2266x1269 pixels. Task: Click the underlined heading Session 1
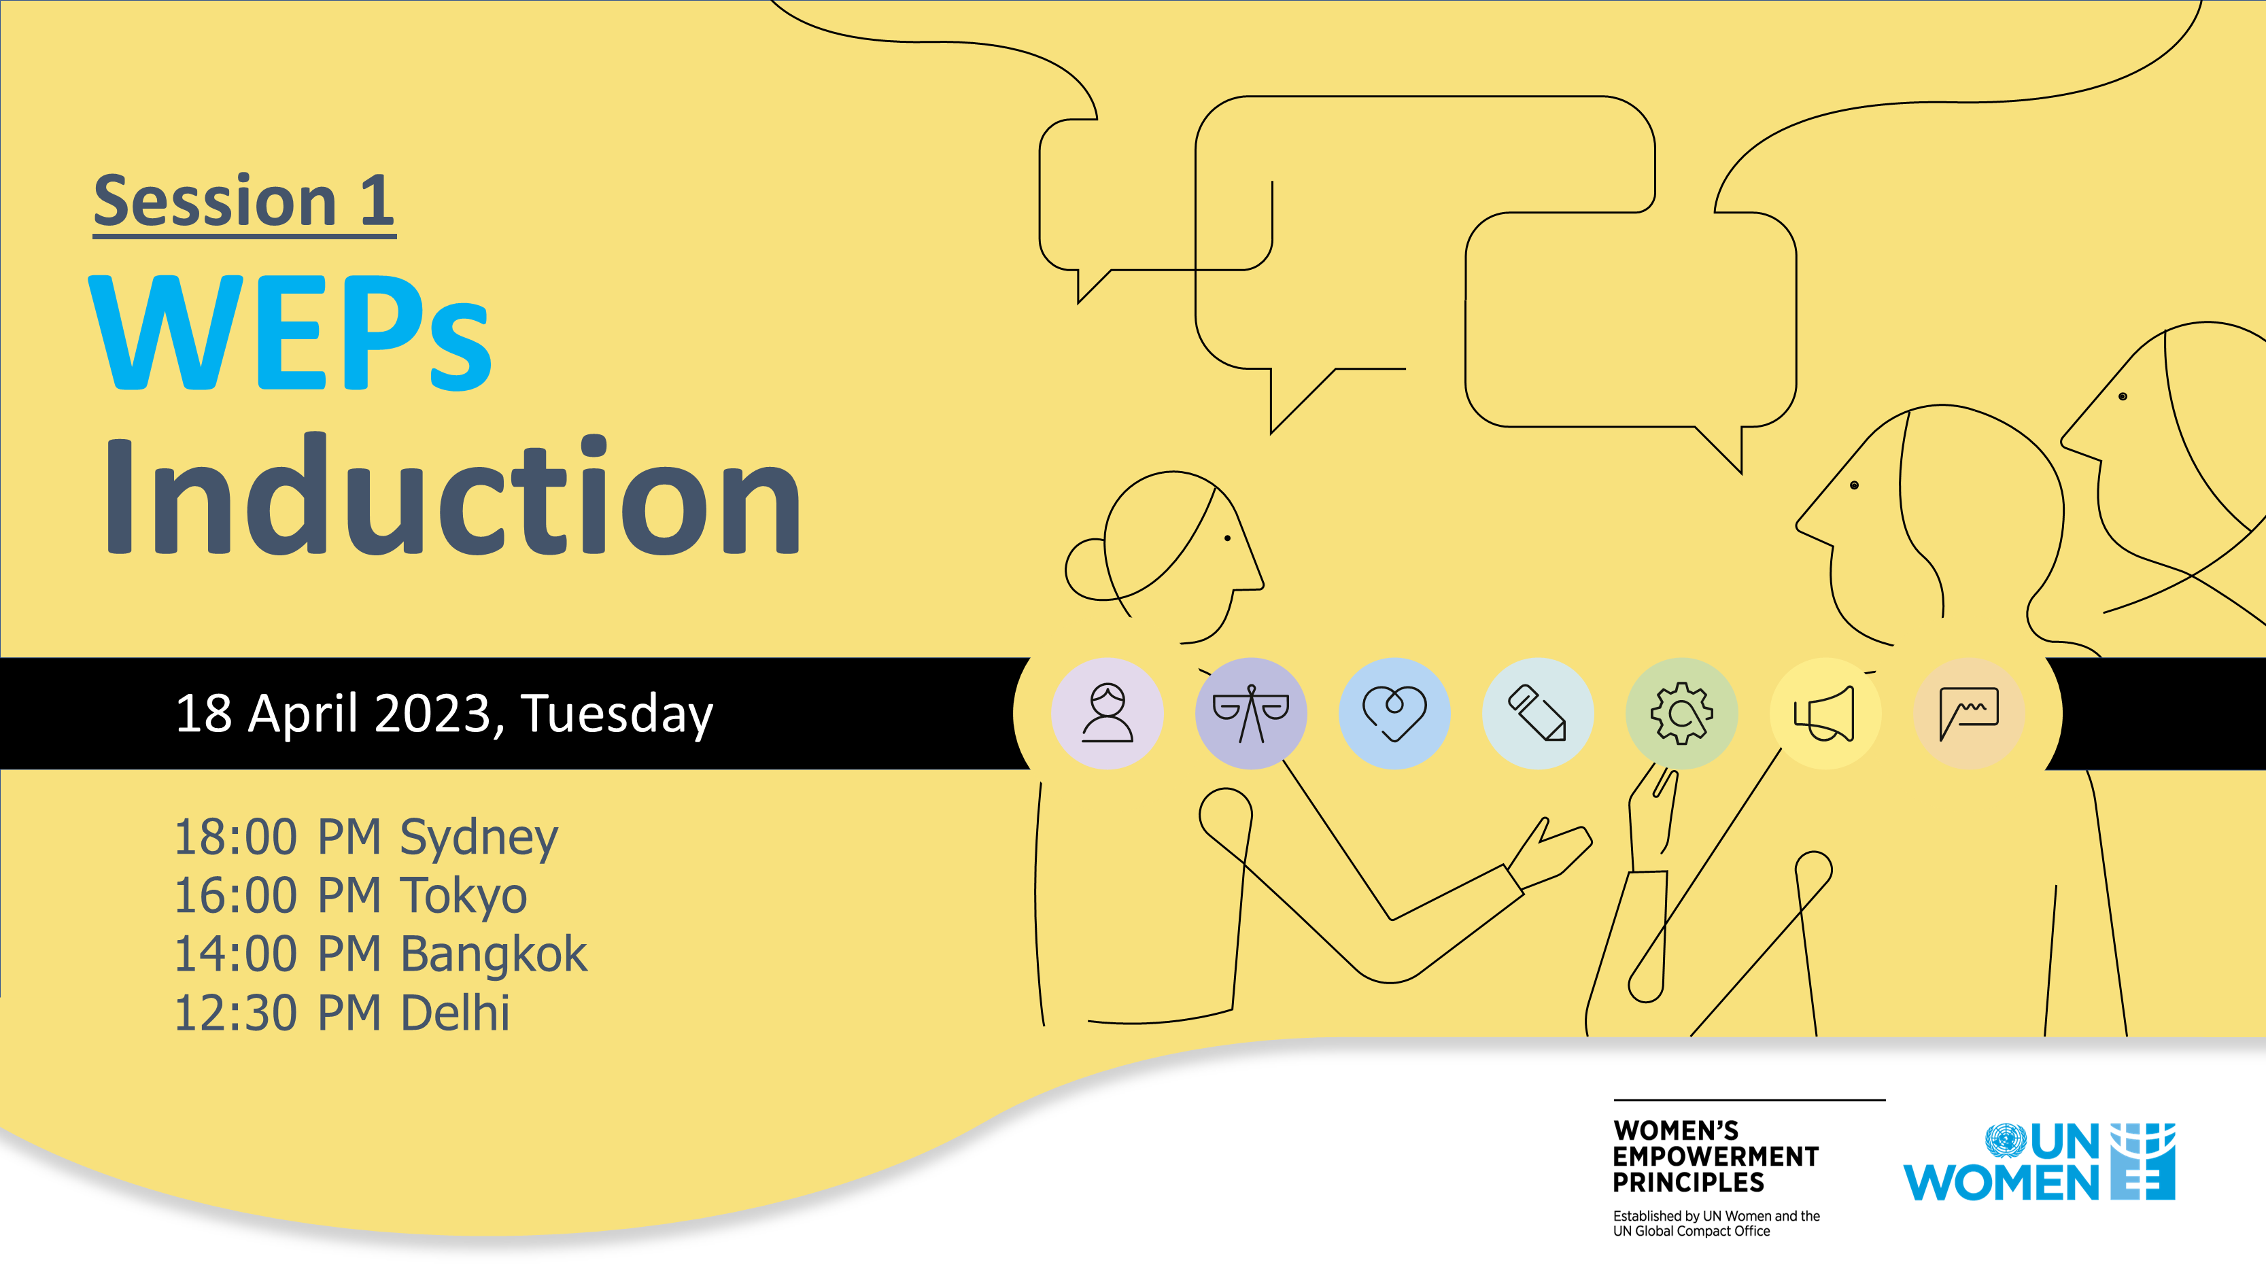(x=245, y=203)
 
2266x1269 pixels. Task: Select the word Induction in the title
(x=453, y=495)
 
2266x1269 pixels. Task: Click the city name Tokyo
(x=464, y=896)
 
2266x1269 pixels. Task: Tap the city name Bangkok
(x=494, y=954)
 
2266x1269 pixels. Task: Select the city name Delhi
(x=455, y=1013)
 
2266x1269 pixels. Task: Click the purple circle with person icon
(x=1108, y=713)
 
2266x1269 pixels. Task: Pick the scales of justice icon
(x=1251, y=713)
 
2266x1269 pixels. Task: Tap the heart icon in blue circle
(x=1394, y=713)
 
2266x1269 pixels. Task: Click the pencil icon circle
(x=1538, y=713)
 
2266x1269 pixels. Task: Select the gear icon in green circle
(x=1681, y=713)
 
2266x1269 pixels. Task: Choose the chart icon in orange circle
(x=1969, y=713)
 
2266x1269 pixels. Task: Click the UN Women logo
(x=2039, y=1162)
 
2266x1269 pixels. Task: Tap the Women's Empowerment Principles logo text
(x=1715, y=1155)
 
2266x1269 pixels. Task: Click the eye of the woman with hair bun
(x=1228, y=538)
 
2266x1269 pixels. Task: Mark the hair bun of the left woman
(x=1087, y=570)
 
